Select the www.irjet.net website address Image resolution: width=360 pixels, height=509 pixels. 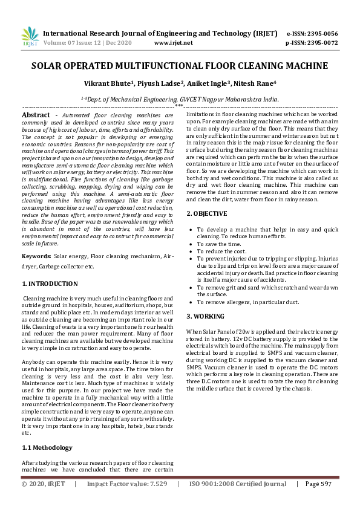(x=174, y=43)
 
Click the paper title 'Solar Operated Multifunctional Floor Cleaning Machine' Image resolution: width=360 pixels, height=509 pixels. (x=180, y=66)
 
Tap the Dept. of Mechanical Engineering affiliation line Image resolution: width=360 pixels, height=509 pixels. (x=180, y=98)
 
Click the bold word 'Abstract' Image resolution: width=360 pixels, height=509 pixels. (x=36, y=115)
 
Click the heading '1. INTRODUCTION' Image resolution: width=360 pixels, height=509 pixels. (x=50, y=284)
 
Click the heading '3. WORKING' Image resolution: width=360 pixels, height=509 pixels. (x=205, y=316)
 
